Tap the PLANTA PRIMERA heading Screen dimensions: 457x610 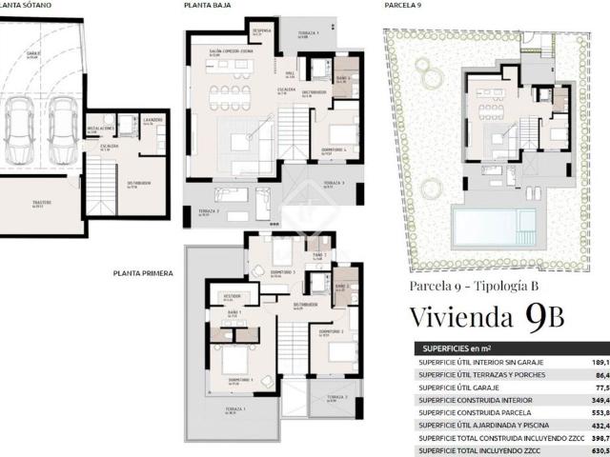(x=143, y=273)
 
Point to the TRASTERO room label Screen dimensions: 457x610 (x=39, y=203)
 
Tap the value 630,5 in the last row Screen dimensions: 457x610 (x=599, y=450)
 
